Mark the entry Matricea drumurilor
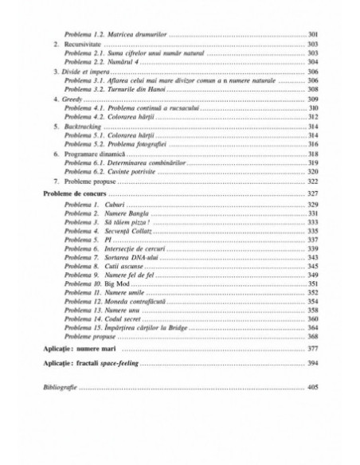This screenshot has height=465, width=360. pos(139,36)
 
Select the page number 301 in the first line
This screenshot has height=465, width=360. pos(311,36)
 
